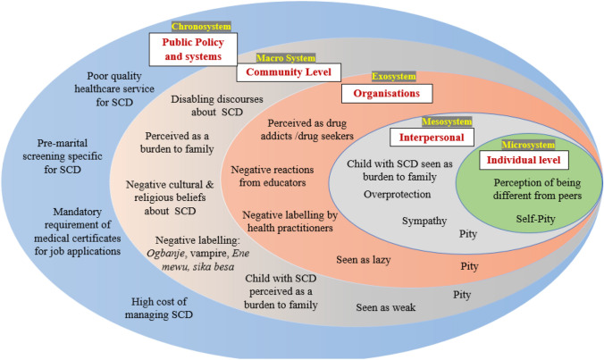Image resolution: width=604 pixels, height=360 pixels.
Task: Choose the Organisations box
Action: click(x=387, y=93)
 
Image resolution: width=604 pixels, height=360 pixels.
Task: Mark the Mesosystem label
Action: click(x=442, y=121)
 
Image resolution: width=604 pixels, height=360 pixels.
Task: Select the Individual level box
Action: click(x=522, y=161)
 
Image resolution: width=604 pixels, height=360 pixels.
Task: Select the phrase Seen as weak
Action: click(x=385, y=308)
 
